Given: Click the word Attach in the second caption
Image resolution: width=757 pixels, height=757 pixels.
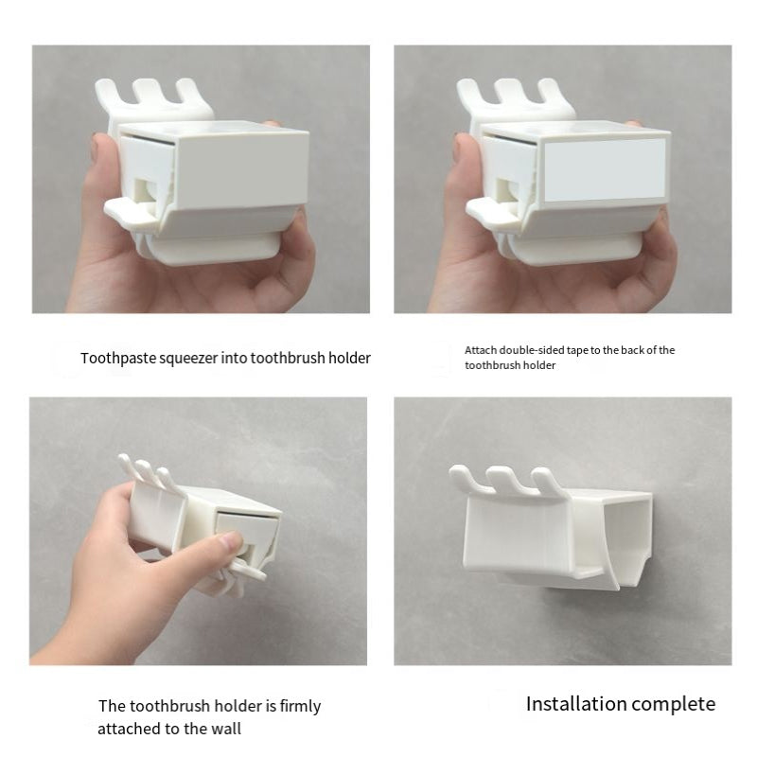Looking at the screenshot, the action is tap(481, 350).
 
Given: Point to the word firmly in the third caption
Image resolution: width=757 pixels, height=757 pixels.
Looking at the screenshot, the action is tap(300, 706).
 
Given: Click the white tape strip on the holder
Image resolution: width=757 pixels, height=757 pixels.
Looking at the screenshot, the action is tap(605, 169).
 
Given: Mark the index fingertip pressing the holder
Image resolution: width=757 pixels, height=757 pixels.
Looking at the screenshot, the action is tap(231, 539).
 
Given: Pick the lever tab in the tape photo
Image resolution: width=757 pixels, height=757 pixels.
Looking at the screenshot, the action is tap(491, 211).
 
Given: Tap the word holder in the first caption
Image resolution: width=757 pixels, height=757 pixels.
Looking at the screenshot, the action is tap(349, 359).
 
